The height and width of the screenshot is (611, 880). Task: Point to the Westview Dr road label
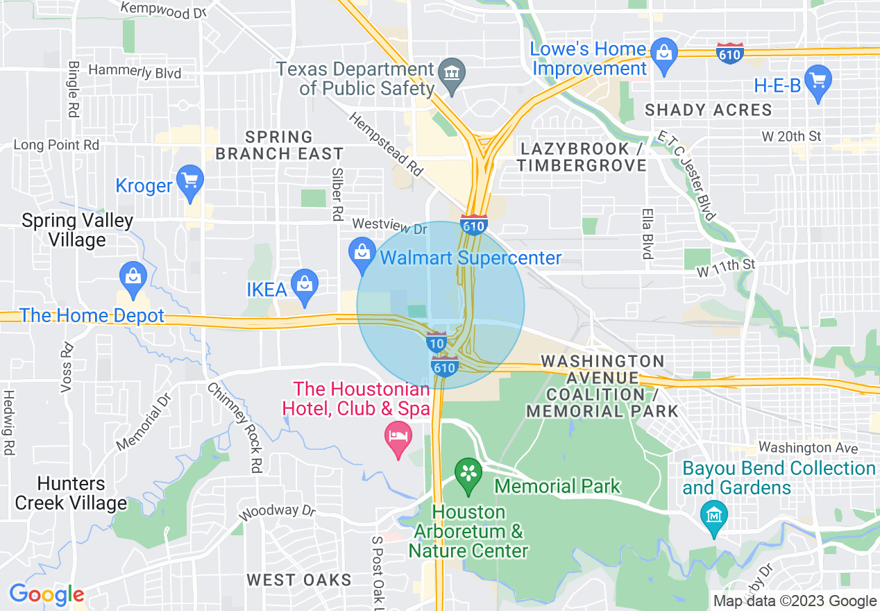[x=389, y=225]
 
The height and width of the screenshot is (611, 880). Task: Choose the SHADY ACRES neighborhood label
[x=708, y=110]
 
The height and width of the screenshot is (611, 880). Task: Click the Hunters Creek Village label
[x=71, y=493]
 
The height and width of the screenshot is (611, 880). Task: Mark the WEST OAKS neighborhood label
[x=299, y=580]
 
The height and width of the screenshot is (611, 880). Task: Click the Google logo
[x=46, y=595]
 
